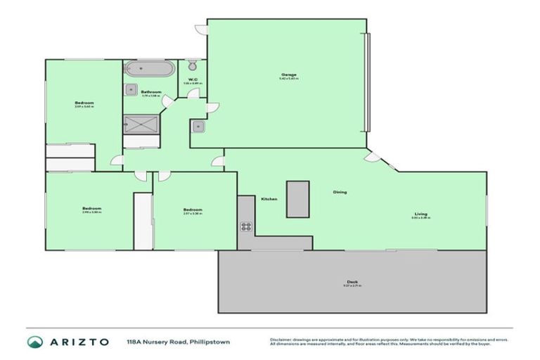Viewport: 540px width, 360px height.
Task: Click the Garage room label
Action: (x=288, y=75)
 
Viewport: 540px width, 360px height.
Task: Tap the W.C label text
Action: (x=192, y=79)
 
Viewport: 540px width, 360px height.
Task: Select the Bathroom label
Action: (x=151, y=92)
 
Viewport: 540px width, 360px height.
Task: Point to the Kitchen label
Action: (x=269, y=199)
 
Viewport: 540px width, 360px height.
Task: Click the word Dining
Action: (x=340, y=192)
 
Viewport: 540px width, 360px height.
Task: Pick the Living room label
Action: (x=420, y=214)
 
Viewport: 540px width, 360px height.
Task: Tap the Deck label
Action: (x=352, y=282)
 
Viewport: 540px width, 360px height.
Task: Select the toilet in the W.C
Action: (x=192, y=66)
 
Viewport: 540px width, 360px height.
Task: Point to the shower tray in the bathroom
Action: (x=143, y=124)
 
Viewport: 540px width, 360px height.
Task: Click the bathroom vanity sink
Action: (x=131, y=89)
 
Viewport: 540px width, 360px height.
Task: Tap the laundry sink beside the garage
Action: (x=198, y=127)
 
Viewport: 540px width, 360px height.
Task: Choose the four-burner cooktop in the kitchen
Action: (x=247, y=226)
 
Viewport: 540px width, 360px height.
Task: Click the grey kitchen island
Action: (x=297, y=200)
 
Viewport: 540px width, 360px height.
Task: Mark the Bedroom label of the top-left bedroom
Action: (x=84, y=103)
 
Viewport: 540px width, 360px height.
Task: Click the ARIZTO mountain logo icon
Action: (x=35, y=342)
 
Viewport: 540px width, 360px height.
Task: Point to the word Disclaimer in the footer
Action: (x=282, y=339)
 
